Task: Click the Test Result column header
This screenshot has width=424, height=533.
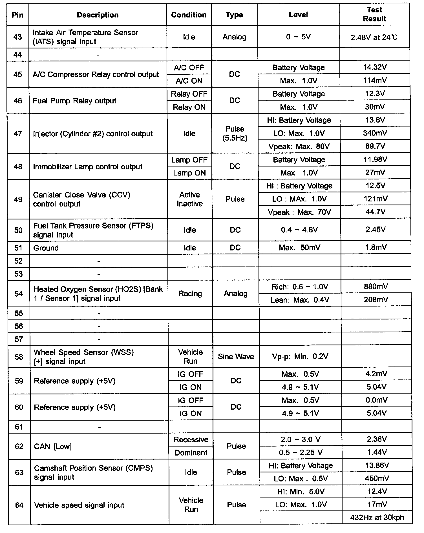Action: click(x=374, y=14)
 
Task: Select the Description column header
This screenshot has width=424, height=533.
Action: click(x=98, y=15)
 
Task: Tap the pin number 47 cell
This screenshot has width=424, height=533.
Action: click(x=18, y=134)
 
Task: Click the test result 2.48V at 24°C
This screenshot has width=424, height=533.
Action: click(x=374, y=37)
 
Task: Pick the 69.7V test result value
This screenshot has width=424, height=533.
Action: click(x=375, y=146)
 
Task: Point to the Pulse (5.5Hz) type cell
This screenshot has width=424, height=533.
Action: click(x=235, y=134)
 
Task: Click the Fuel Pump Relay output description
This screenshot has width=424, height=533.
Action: click(x=74, y=101)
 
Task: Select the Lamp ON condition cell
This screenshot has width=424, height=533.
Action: click(x=189, y=173)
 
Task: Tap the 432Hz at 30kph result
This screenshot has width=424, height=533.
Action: click(x=377, y=518)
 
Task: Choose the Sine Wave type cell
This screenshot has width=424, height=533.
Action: click(x=236, y=357)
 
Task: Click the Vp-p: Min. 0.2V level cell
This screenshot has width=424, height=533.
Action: click(x=300, y=357)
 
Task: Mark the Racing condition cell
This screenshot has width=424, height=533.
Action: click(x=190, y=294)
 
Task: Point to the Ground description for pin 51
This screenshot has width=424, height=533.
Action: click(x=46, y=248)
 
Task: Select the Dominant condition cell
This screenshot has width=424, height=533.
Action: click(x=191, y=453)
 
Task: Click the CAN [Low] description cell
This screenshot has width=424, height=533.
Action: click(x=53, y=447)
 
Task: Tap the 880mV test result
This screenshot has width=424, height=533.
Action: click(x=376, y=287)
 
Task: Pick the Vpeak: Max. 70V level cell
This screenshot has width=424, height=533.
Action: click(x=299, y=212)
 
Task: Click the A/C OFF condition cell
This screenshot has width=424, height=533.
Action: click(x=189, y=68)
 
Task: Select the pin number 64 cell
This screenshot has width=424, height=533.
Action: click(x=19, y=505)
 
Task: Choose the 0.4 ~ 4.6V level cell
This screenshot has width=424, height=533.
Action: click(x=299, y=230)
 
